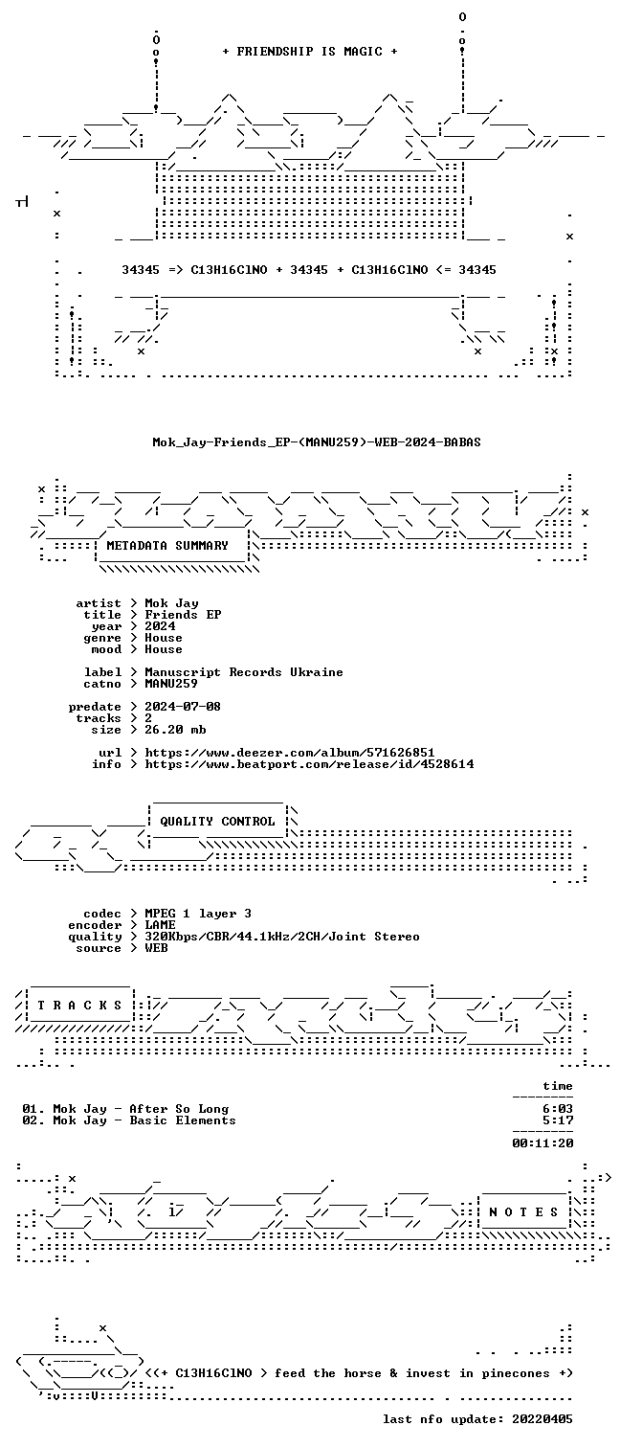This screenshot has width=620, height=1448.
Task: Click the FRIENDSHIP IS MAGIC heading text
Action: point(310,52)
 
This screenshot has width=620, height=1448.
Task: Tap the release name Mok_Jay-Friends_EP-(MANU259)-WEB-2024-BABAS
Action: point(317,442)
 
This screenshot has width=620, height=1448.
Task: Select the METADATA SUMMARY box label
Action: point(167,546)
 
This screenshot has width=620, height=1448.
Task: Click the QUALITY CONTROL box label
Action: point(217,821)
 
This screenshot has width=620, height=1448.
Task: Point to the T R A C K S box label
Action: point(79,1006)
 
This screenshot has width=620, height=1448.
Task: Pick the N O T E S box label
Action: point(523,1212)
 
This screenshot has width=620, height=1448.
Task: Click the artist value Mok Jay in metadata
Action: point(172,603)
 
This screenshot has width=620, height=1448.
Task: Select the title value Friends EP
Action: point(183,615)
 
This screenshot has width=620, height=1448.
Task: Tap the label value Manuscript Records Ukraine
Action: point(244,672)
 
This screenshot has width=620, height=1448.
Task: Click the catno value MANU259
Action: point(171,683)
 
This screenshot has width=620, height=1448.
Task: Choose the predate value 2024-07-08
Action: point(183,707)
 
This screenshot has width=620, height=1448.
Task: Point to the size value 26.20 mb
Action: point(176,730)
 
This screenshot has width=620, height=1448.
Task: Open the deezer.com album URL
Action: point(290,753)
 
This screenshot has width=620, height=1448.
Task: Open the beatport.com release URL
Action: point(309,764)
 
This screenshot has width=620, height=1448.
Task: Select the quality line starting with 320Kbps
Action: point(282,937)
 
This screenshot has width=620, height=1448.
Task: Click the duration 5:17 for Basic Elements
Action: point(558,1120)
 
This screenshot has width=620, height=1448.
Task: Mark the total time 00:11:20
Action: point(543,1143)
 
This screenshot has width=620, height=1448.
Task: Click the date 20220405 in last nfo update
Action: point(542,1419)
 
